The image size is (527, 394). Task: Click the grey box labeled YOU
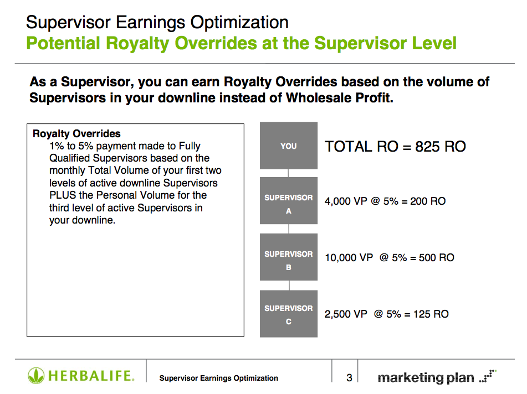[288, 146]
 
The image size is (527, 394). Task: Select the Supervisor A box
[288, 201]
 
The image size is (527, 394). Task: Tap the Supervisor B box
[288, 257]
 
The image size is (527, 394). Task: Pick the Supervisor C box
[288, 314]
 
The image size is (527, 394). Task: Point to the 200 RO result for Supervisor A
[428, 201]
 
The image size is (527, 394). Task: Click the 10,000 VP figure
[349, 257]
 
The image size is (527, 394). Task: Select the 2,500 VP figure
[346, 314]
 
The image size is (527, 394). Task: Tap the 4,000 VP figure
[346, 201]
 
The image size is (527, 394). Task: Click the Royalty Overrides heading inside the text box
[76, 133]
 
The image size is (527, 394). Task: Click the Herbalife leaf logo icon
[36, 376]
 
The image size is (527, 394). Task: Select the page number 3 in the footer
[349, 378]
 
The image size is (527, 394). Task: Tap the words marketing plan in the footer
[426, 378]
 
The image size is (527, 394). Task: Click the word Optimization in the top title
[239, 23]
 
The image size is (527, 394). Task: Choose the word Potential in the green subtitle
[63, 43]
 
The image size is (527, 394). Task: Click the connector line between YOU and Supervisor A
[288, 173]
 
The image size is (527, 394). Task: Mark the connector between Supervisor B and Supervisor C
[289, 286]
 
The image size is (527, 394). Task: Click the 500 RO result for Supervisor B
[436, 257]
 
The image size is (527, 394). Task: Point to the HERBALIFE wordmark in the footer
[91, 376]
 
